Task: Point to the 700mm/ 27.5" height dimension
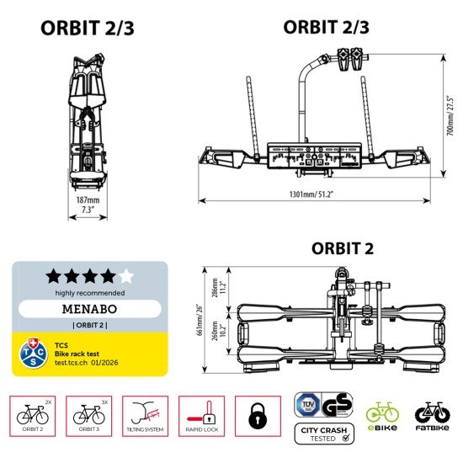[450, 119]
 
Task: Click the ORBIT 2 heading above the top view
[343, 248]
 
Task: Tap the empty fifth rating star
[126, 275]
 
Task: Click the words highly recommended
[89, 292]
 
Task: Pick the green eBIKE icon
[381, 416]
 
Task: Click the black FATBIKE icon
[433, 416]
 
